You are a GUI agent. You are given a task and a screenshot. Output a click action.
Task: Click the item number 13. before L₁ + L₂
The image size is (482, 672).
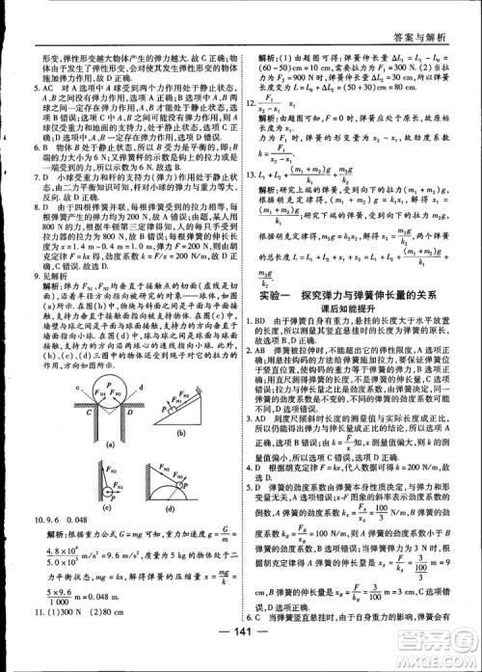tap(254, 174)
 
